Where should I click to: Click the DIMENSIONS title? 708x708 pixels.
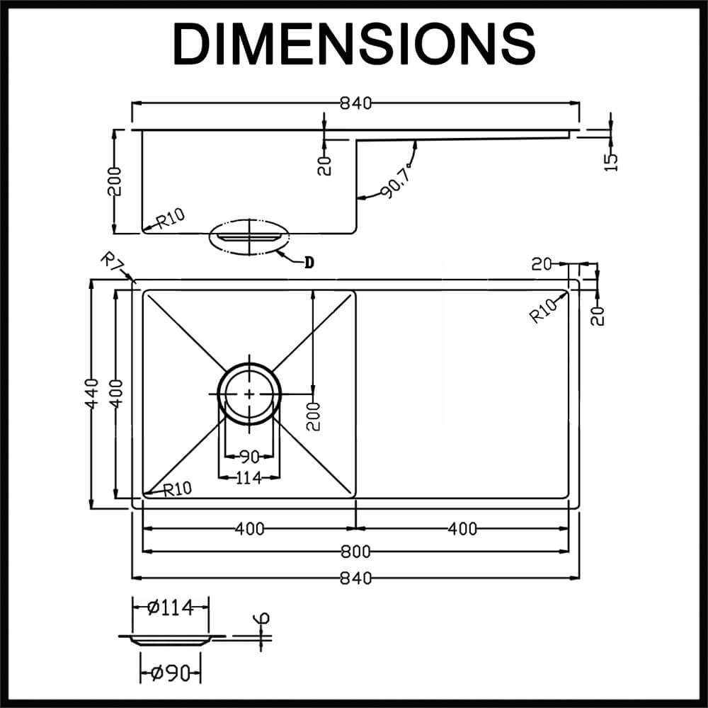click(354, 44)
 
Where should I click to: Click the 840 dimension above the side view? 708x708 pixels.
click(355, 103)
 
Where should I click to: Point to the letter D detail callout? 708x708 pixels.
click(309, 263)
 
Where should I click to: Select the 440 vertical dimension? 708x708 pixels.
click(93, 393)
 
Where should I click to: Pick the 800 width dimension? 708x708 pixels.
click(355, 552)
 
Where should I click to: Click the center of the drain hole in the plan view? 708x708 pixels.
click(249, 393)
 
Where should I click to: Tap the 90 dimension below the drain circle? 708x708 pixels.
click(249, 457)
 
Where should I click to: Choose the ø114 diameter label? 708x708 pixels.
click(170, 607)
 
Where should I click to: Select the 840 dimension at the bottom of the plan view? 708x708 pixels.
click(355, 578)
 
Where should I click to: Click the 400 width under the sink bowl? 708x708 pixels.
click(249, 528)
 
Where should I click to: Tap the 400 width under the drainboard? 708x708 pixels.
click(462, 528)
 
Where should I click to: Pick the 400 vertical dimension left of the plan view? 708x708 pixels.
click(117, 393)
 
